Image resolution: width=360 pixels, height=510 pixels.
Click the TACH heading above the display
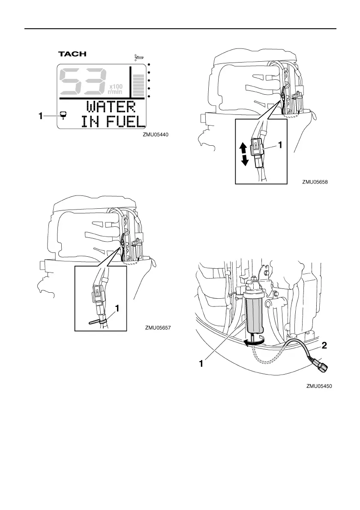click(x=72, y=54)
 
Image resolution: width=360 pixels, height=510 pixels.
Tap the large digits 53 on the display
click(x=82, y=82)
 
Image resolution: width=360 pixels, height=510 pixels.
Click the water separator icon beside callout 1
click(x=63, y=115)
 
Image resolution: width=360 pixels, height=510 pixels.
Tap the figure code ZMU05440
click(x=156, y=134)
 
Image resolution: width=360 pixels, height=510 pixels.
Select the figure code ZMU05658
click(x=315, y=182)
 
